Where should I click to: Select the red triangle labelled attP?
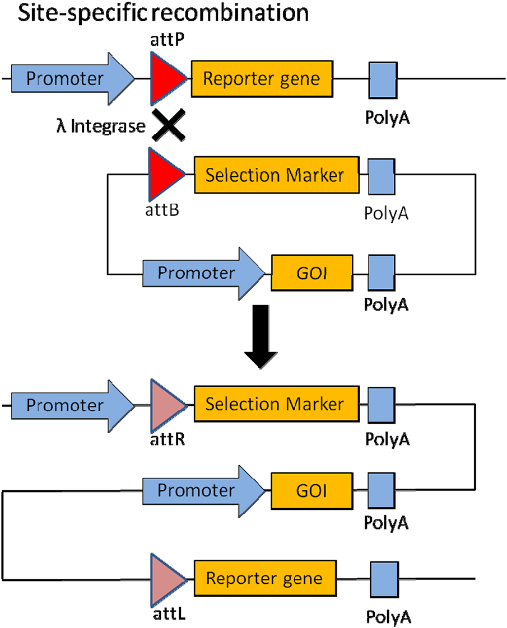click(165, 78)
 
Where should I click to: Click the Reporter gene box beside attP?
click(262, 78)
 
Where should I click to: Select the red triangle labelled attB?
click(165, 174)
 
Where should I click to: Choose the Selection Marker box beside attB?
click(275, 175)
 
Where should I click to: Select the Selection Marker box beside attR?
click(275, 404)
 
